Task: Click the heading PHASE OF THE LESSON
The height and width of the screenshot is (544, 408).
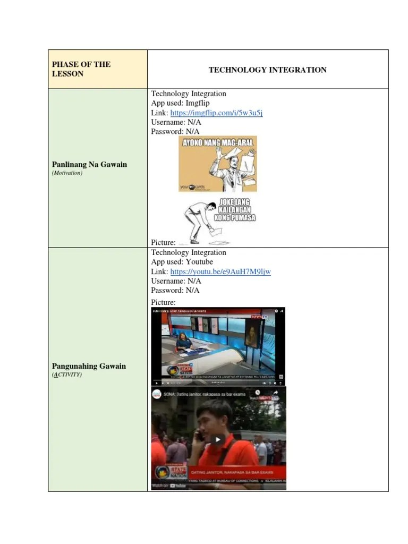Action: click(x=81, y=69)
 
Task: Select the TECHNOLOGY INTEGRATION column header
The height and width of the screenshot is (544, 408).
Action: click(x=267, y=70)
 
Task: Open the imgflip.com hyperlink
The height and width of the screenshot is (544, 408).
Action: click(x=216, y=113)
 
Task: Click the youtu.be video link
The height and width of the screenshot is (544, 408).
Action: click(x=220, y=271)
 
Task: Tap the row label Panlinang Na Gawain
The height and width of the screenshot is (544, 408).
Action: click(x=89, y=164)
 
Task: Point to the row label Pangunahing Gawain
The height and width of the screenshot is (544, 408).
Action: click(x=89, y=366)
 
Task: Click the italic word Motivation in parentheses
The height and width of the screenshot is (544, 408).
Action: click(x=67, y=173)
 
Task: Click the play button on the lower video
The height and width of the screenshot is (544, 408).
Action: click(x=218, y=439)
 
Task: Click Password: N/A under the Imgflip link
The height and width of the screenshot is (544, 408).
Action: click(x=175, y=131)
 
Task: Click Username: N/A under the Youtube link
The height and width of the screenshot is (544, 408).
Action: click(x=176, y=281)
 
